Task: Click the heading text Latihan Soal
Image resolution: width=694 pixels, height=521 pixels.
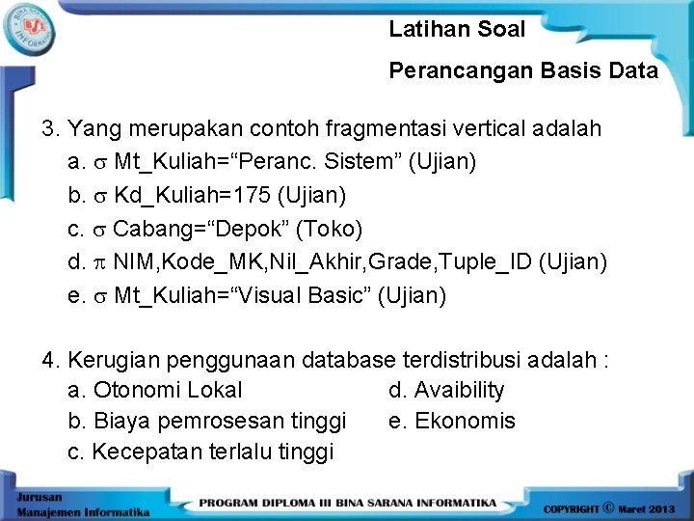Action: tap(457, 29)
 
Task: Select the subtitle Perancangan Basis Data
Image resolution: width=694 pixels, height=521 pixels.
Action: tap(523, 70)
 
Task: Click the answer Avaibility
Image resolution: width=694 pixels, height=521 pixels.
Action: tap(459, 390)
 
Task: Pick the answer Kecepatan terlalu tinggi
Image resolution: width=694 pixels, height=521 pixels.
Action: tap(212, 452)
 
